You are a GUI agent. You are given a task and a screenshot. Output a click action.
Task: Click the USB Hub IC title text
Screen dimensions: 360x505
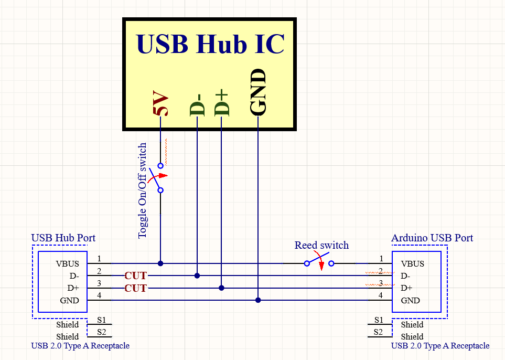(x=210, y=44)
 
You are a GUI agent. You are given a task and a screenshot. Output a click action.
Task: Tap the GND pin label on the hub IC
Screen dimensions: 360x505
(x=259, y=92)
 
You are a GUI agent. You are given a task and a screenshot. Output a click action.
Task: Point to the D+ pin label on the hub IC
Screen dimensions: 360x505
(x=222, y=102)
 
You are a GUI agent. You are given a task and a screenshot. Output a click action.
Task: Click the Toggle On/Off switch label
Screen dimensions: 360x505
(x=143, y=191)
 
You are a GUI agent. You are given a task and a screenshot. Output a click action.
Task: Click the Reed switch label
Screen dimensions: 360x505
(x=321, y=245)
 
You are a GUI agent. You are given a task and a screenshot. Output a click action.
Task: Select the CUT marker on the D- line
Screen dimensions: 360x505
(x=136, y=276)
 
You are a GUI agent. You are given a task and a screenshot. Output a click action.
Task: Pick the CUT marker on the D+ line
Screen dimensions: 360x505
(x=136, y=288)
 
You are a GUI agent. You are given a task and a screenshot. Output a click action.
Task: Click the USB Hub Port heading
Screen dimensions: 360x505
(x=63, y=238)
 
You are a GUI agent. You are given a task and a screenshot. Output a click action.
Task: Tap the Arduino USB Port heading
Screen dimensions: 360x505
(x=432, y=238)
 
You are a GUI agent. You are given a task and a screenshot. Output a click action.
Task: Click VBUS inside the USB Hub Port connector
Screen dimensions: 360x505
(x=68, y=263)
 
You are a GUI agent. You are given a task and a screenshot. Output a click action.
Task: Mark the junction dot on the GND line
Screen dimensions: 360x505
(x=259, y=300)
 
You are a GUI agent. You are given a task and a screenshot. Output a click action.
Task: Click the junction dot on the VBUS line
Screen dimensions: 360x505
(x=160, y=263)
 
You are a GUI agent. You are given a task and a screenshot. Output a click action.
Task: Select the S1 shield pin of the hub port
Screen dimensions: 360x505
(x=101, y=320)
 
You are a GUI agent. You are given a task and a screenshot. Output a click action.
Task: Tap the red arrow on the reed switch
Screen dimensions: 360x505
(x=321, y=264)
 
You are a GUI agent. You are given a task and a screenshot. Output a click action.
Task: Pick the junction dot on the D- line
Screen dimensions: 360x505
(x=197, y=276)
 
